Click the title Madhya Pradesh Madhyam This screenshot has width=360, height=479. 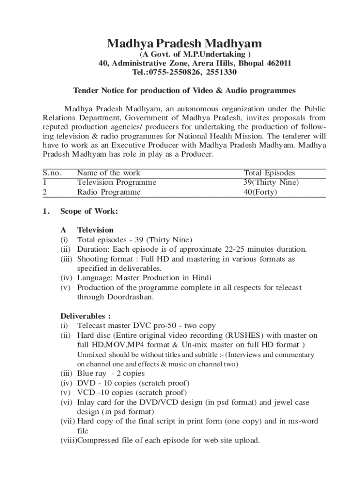click(184, 44)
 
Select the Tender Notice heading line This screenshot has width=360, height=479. click(184, 90)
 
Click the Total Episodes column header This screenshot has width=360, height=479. click(269, 173)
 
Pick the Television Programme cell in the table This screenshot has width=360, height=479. click(116, 182)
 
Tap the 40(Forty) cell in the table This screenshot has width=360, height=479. click(257, 192)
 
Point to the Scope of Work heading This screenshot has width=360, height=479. click(89, 211)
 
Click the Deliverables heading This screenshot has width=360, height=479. click(86, 316)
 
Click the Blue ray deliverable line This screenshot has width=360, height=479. click(111, 373)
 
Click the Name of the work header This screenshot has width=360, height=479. click(108, 173)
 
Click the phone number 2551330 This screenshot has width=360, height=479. click(220, 73)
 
